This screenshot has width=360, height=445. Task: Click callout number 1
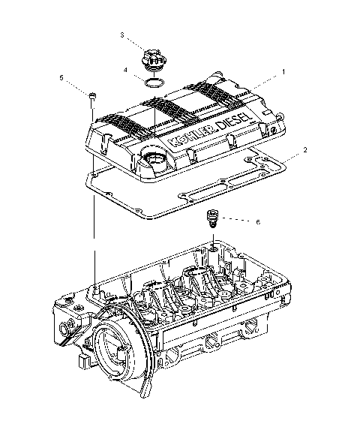tap(283, 71)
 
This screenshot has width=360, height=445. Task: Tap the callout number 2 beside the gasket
tap(305, 150)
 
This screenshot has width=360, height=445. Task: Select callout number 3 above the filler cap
tap(122, 35)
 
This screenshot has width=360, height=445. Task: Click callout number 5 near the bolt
tap(61, 77)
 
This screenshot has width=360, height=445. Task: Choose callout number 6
tap(257, 222)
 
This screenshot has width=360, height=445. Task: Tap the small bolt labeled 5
tap(92, 96)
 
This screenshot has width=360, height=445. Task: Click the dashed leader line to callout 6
tap(236, 221)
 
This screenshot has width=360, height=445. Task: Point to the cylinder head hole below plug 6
tap(214, 247)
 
